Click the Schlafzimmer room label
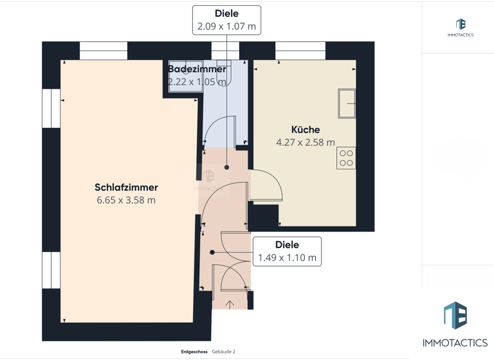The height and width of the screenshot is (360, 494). click(126, 187)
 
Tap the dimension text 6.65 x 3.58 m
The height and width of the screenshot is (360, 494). click(126, 200)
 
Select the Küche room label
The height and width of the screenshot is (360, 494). click(305, 130)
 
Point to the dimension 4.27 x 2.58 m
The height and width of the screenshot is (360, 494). click(305, 143)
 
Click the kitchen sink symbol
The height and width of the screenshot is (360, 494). click(347, 104)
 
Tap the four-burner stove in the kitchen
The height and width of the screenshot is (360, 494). click(346, 158)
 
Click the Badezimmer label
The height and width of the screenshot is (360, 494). click(197, 69)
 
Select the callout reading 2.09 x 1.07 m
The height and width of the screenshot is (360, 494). click(226, 27)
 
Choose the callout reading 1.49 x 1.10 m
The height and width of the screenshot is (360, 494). click(287, 258)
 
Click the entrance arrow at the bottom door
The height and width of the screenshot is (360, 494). click(230, 303)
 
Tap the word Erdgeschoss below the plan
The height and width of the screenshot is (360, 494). click(194, 352)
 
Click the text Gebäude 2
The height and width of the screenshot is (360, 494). click(224, 352)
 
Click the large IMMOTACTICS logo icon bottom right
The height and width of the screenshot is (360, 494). click(455, 315)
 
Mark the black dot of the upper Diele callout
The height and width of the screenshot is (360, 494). click(226, 167)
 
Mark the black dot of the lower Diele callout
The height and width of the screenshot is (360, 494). click(212, 253)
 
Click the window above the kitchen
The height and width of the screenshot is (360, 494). click(300, 51)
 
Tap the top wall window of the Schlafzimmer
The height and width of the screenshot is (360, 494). click(103, 51)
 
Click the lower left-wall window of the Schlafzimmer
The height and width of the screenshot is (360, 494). click(51, 270)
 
